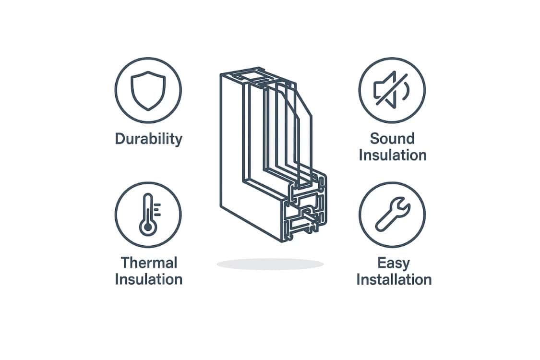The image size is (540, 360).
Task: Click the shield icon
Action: pos(148,91)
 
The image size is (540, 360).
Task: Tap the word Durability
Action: pos(148,139)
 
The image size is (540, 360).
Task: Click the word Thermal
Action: pos(149,263)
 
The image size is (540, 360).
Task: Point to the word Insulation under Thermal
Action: pos(149,279)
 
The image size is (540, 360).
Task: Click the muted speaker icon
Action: pos(392,90)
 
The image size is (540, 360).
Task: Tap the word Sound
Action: pos(392,139)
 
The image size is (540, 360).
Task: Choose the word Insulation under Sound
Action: pos(393,155)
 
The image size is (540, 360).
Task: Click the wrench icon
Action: pos(393,214)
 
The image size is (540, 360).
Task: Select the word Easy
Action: pos(394,264)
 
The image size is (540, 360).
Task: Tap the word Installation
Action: pos(394,279)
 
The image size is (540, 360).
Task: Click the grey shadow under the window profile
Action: pos(270,264)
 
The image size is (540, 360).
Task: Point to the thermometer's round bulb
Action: pos(148,228)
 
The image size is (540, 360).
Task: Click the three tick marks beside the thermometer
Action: pos(157,209)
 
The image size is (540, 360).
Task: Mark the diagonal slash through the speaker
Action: pos(392,89)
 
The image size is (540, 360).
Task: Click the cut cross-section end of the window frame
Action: pos(305,207)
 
